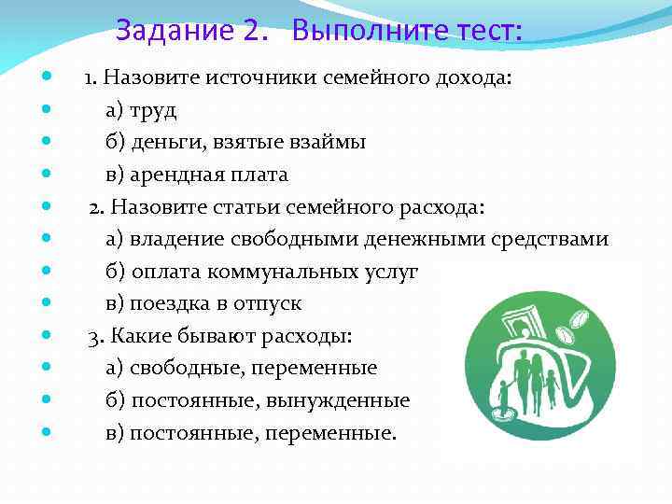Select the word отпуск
(269, 303)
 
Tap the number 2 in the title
(251, 32)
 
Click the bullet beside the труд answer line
(46, 110)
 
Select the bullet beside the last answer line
(46, 432)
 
